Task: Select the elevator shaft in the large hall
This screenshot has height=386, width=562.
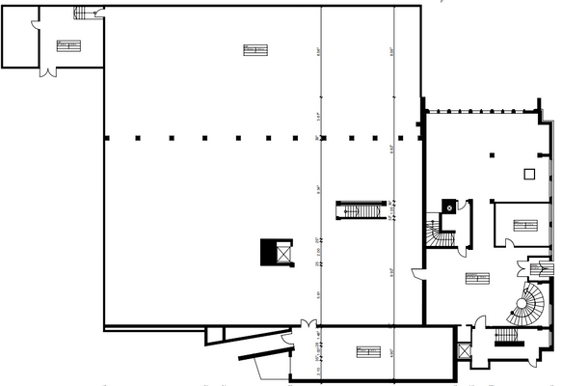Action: click(x=271, y=252)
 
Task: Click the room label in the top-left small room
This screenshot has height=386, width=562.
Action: click(x=67, y=44)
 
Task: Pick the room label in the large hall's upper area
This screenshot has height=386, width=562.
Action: click(x=254, y=49)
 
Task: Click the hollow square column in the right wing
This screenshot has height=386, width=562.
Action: click(x=528, y=174)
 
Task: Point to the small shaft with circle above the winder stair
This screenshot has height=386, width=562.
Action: click(x=448, y=206)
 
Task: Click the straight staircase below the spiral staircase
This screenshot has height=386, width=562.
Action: click(x=508, y=337)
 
